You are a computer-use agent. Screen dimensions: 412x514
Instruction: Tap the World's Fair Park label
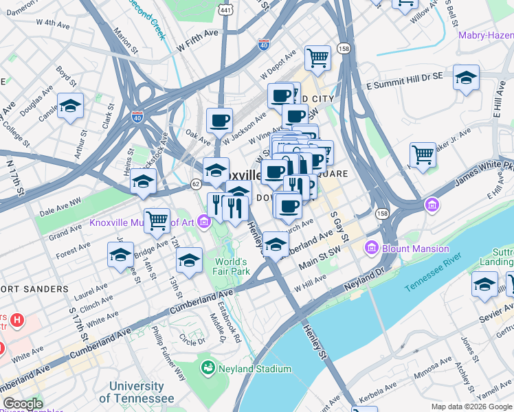pyautogui.click(x=230, y=266)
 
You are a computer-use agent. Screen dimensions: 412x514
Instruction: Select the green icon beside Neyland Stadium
pyautogui.click(x=208, y=369)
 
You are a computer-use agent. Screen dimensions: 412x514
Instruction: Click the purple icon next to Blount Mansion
pyautogui.click(x=372, y=247)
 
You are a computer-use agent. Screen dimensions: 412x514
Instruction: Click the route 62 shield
pyautogui.click(x=197, y=183)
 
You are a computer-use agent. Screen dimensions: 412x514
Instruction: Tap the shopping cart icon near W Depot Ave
pyautogui.click(x=317, y=58)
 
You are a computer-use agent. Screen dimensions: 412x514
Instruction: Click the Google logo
pyautogui.click(x=23, y=404)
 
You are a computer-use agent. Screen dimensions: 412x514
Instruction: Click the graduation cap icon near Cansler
pyautogui.click(x=70, y=106)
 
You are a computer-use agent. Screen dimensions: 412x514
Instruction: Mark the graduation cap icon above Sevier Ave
pyautogui.click(x=484, y=284)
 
